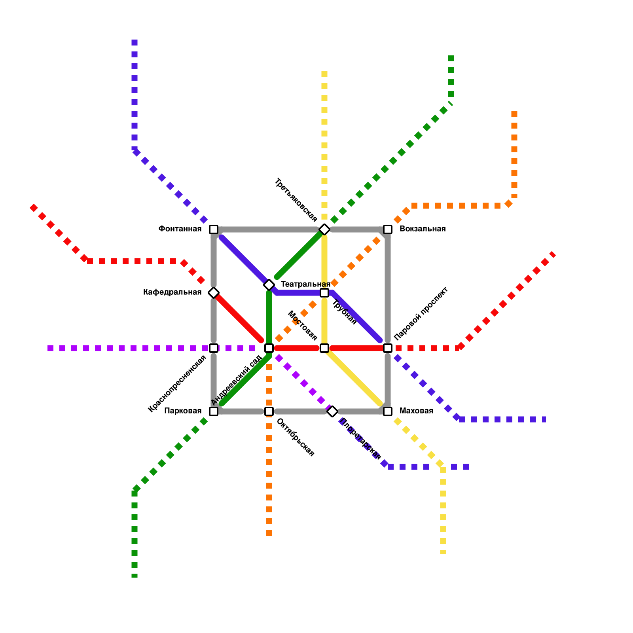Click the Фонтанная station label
point(180,229)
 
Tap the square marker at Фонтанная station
point(214,229)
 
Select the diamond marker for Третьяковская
point(324,229)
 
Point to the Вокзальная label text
point(422,229)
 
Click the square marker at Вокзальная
point(388,229)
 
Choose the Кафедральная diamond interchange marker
point(214,293)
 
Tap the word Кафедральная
point(172,292)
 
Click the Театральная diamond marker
point(269,285)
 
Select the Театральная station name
point(305,284)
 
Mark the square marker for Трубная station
point(324,293)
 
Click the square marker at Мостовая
point(324,348)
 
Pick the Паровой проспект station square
point(388,348)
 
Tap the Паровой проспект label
point(421,313)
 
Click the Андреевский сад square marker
point(269,348)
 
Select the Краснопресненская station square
point(214,348)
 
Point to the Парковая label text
point(183,411)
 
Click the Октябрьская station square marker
point(269,411)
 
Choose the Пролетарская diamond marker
point(332,411)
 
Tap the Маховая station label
point(416,411)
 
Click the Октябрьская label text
point(295,438)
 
